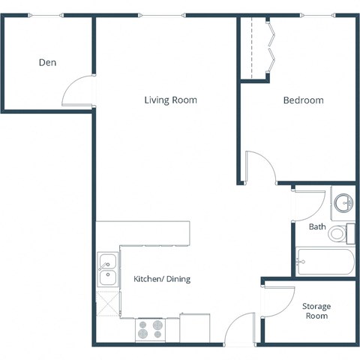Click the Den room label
click(47, 63)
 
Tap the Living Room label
click(171, 100)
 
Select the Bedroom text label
click(303, 100)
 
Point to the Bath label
click(316, 226)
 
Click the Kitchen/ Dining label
click(162, 279)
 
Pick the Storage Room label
click(316, 311)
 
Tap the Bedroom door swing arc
click(260, 166)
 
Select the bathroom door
click(308, 201)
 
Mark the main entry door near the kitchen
click(240, 330)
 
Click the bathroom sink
click(343, 202)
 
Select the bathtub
click(325, 262)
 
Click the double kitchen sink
click(107, 270)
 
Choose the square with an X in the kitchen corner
click(107, 304)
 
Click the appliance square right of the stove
click(194, 328)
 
